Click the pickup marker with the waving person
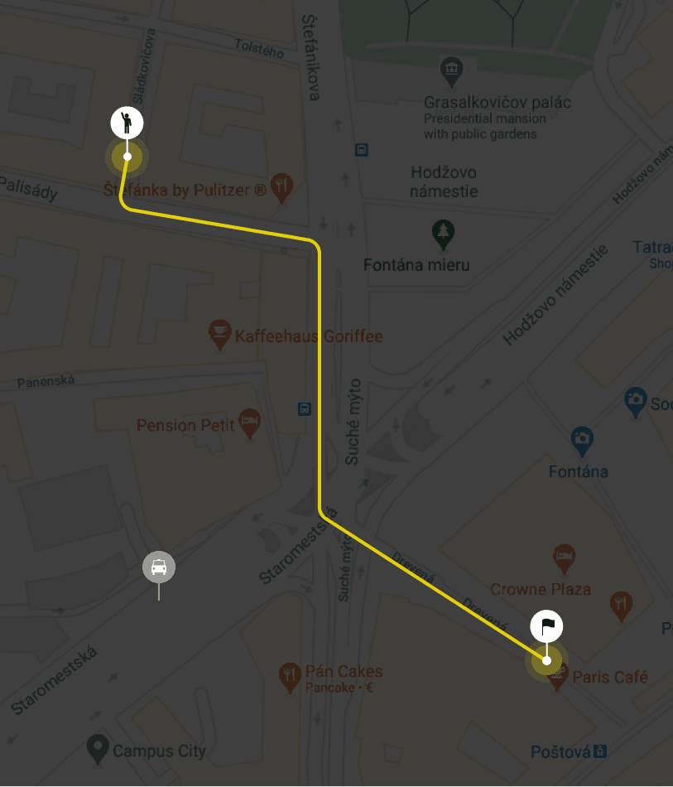(127, 123)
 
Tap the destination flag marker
(546, 626)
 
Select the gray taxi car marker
(159, 567)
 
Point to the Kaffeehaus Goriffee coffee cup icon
(219, 334)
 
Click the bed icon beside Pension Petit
(249, 422)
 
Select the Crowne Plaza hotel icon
(564, 559)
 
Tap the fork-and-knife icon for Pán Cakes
(289, 675)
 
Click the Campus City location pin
(99, 749)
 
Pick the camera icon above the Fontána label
(583, 439)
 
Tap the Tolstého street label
(259, 49)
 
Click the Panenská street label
(46, 381)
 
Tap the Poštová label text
(560, 751)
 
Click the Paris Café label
(610, 678)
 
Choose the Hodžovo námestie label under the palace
(445, 181)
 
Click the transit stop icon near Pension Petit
(305, 408)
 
